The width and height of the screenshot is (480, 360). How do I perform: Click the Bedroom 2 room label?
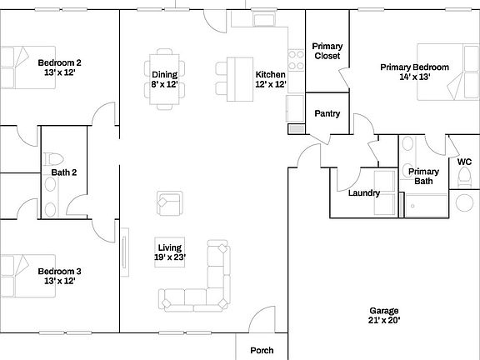click(59, 67)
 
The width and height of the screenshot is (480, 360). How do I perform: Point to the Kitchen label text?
click(270, 74)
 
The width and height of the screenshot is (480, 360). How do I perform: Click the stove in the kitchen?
click(295, 59)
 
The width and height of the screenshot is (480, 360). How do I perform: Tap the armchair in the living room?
click(169, 203)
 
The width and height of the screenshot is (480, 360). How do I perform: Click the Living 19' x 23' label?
click(171, 252)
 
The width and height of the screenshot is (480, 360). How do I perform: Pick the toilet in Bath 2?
click(54, 158)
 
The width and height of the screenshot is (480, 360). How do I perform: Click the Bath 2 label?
click(64, 172)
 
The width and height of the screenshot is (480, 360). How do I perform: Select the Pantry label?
click(326, 113)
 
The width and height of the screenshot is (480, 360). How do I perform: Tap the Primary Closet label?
click(326, 51)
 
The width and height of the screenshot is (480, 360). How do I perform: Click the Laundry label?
click(364, 193)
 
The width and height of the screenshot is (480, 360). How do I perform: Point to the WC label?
click(464, 162)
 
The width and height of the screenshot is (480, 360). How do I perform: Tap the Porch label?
click(262, 350)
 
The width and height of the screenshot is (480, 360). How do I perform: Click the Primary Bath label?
click(423, 176)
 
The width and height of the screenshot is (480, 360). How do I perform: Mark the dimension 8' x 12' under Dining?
click(165, 84)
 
